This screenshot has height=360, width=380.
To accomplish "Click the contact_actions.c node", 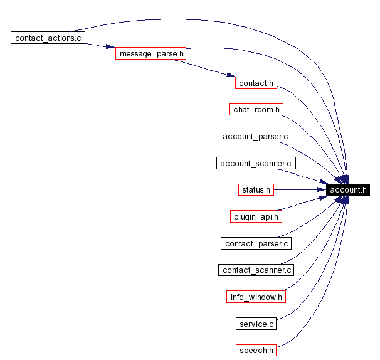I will pyautogui.click(x=48, y=38).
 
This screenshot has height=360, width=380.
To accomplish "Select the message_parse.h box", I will pyautogui.click(x=151, y=54).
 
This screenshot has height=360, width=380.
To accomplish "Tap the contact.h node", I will pyautogui.click(x=256, y=83).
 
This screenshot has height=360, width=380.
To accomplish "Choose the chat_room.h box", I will pyautogui.click(x=256, y=110).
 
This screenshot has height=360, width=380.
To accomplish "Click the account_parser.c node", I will pyautogui.click(x=256, y=136).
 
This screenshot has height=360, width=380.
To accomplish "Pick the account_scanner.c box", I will pyautogui.click(x=256, y=163).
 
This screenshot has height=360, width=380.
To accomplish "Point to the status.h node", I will pyautogui.click(x=256, y=189).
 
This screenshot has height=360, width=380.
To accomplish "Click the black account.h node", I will pyautogui.click(x=348, y=189).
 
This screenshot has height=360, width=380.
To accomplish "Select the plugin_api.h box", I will pyautogui.click(x=256, y=216).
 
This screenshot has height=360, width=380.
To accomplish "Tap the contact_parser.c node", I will pyautogui.click(x=256, y=243).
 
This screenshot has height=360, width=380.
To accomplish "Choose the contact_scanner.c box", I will pyautogui.click(x=256, y=270).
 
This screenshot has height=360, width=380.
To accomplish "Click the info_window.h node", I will pyautogui.click(x=256, y=296).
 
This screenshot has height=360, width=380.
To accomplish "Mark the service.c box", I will pyautogui.click(x=256, y=324).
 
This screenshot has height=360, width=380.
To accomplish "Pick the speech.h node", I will pyautogui.click(x=256, y=350).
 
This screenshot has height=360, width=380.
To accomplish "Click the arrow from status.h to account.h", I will pyautogui.click(x=300, y=189).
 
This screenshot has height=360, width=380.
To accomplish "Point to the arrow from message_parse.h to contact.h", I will pyautogui.click(x=207, y=68).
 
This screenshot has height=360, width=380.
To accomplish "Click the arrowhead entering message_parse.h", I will pyautogui.click(x=110, y=48).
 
